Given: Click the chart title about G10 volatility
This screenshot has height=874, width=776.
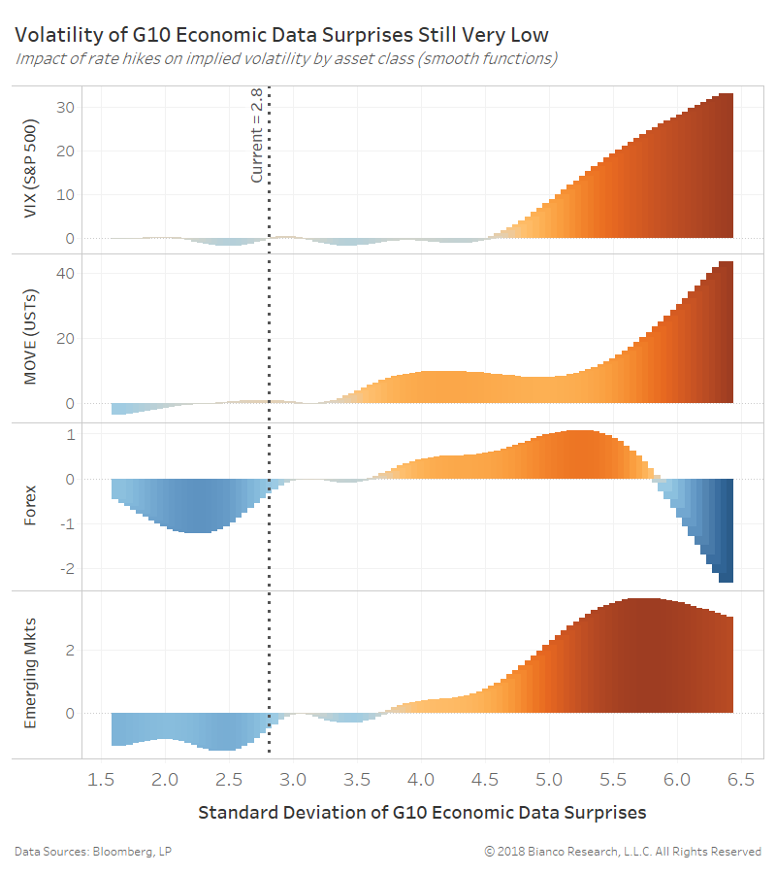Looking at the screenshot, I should tap(281, 35).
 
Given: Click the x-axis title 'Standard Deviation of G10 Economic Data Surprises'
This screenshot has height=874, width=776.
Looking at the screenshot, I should tap(422, 812).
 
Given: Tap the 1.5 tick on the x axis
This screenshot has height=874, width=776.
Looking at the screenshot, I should tap(101, 779).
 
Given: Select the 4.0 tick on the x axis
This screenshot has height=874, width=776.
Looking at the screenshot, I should tap(421, 779).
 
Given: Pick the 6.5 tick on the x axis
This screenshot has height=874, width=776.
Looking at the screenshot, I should tap(741, 779).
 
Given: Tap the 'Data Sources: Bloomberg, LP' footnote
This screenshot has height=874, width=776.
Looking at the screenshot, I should tap(93, 851).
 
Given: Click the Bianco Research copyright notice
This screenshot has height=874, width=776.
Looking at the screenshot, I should tap(623, 851).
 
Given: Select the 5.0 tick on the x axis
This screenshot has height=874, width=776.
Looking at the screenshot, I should tap(549, 779).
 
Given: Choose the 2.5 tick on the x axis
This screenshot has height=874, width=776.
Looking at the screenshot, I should tap(229, 779).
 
